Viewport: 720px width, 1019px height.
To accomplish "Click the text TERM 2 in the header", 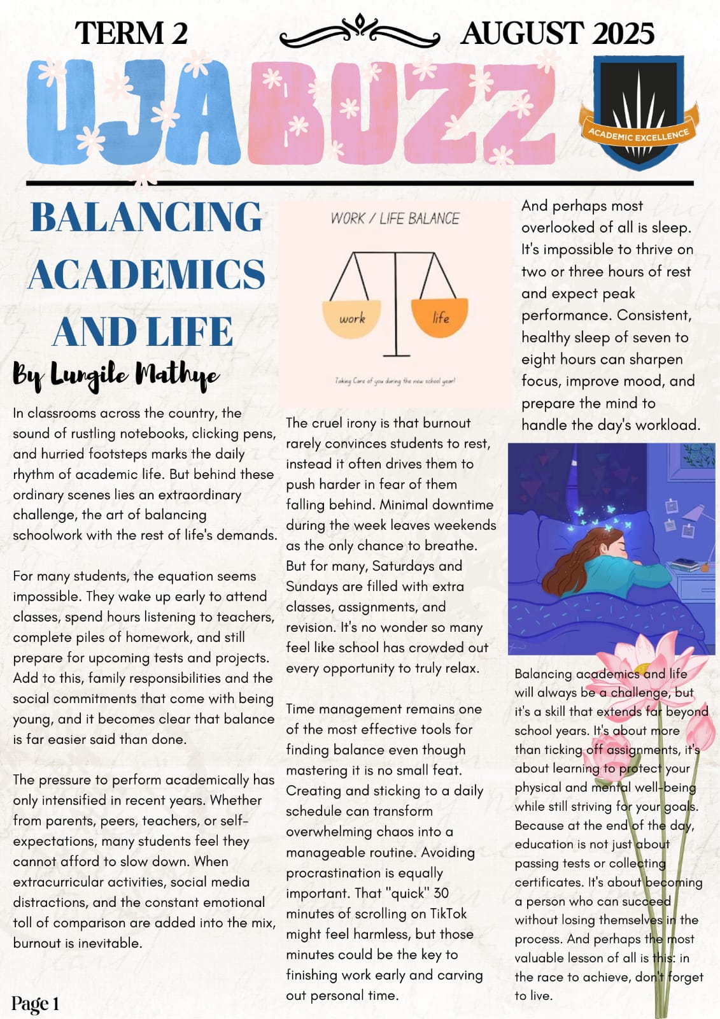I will tap(131, 33).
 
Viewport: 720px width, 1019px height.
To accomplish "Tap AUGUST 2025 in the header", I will tap(557, 33).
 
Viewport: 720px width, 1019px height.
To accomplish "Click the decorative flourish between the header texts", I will tap(360, 32).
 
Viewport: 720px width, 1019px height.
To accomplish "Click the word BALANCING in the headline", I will tap(146, 217).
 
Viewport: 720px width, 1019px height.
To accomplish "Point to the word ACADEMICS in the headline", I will tap(146, 274).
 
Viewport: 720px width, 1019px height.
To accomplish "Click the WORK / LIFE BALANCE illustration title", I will tap(395, 218).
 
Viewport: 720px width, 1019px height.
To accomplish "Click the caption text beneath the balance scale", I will tap(395, 381).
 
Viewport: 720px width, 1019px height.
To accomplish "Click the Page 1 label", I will tap(35, 1004).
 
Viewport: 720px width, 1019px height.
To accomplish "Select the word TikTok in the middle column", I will tap(448, 913).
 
